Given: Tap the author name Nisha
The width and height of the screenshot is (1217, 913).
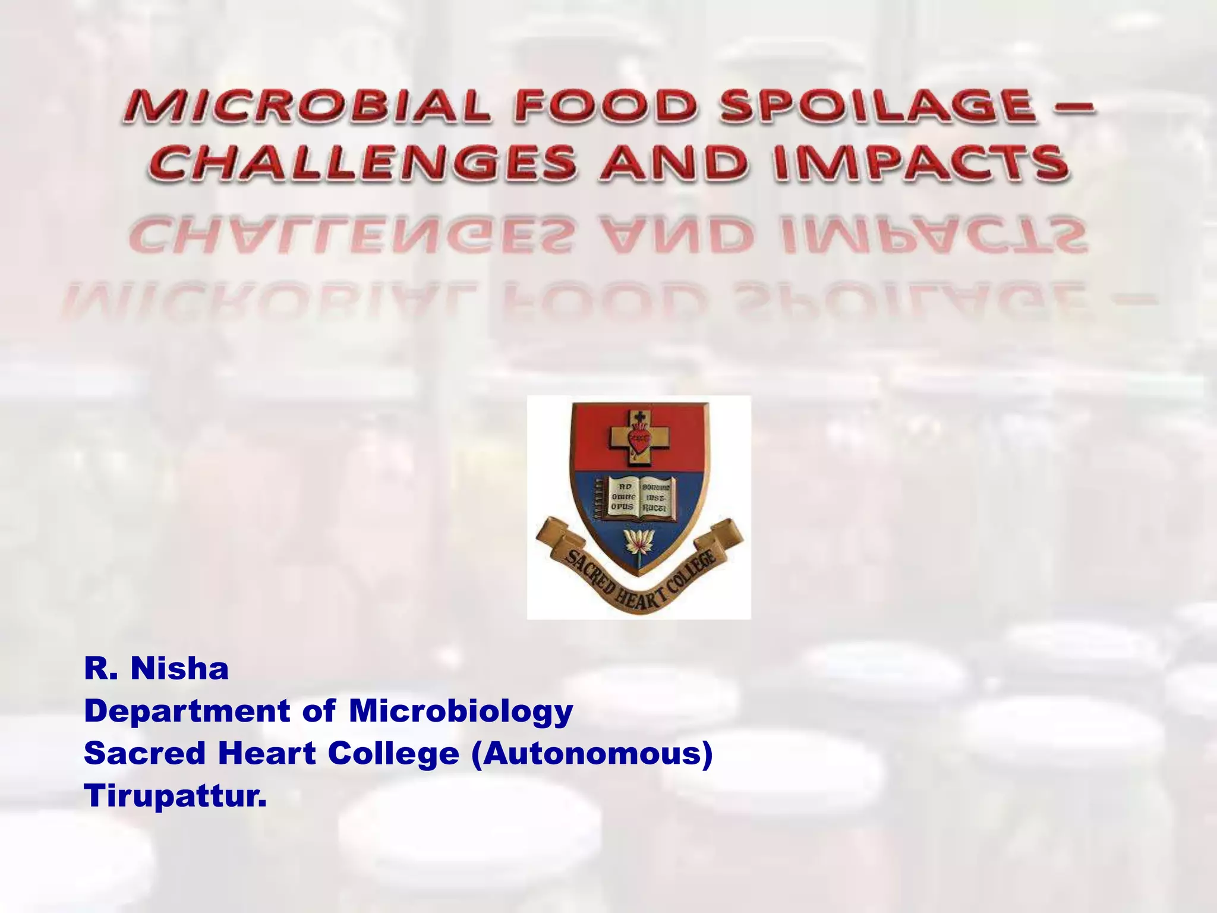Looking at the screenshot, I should (x=179, y=669).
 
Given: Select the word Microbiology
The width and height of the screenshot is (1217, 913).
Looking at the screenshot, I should (x=461, y=711).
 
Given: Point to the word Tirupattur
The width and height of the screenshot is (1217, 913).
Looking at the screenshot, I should (x=175, y=796).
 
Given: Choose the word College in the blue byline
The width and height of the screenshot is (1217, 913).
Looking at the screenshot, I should (x=393, y=754).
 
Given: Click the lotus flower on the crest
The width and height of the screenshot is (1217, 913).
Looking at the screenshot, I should (x=638, y=542).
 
